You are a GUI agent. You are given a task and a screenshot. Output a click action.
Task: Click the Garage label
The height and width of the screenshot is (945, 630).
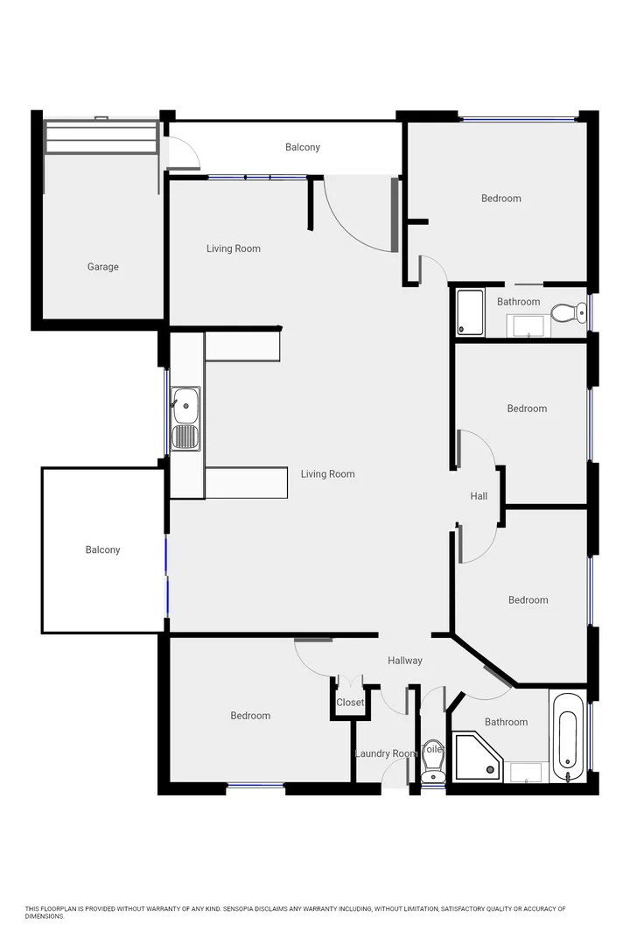(x=102, y=267)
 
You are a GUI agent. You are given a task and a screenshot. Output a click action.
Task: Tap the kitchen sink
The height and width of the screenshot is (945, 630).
(x=185, y=418)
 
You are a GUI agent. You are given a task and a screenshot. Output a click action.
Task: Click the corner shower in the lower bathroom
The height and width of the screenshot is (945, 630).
(x=477, y=757)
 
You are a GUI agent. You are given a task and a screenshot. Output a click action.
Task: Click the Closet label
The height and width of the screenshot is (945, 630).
(x=350, y=703)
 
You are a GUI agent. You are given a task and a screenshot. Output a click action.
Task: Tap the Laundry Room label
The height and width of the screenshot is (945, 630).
(x=384, y=753)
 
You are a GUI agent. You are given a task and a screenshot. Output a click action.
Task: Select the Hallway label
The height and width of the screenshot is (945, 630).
(x=404, y=661)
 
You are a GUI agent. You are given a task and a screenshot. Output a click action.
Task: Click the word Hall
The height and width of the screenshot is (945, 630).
(x=479, y=496)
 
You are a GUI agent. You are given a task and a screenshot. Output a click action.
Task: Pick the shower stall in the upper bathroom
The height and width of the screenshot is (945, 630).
(x=471, y=312)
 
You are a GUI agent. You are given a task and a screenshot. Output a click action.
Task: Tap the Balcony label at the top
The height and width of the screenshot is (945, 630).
(x=303, y=147)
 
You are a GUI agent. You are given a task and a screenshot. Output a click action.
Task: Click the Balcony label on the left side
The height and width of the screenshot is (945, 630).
(x=102, y=549)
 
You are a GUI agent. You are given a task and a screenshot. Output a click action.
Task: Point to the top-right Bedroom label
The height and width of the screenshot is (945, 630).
(x=501, y=199)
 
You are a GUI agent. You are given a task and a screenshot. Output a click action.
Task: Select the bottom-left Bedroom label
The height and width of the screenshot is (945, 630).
(x=250, y=716)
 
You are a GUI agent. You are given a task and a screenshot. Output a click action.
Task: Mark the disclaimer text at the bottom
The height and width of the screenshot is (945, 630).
(x=296, y=912)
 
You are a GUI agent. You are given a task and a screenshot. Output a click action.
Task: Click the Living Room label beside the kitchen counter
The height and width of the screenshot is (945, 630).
(x=328, y=474)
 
